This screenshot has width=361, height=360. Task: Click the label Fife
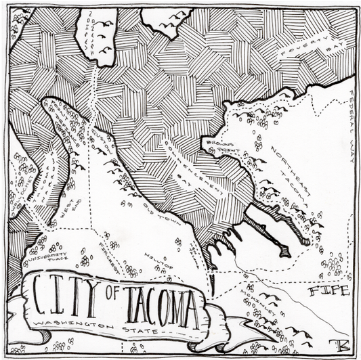click(328, 291)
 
